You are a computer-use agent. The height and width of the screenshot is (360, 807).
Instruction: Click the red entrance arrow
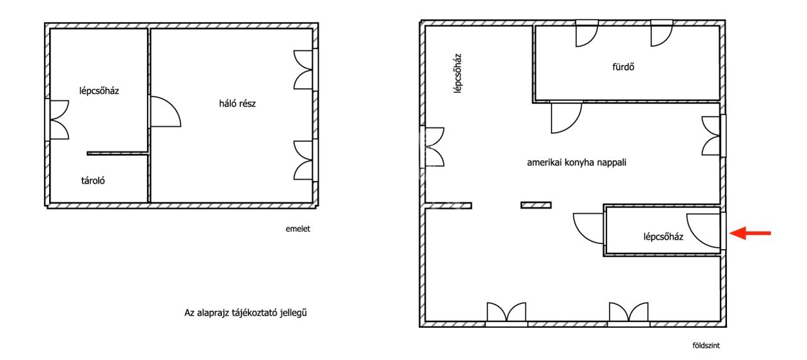750,233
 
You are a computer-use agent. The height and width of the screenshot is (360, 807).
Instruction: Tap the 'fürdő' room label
624,67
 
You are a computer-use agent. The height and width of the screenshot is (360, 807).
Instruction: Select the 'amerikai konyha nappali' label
576,163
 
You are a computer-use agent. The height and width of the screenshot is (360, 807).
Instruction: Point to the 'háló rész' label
238,104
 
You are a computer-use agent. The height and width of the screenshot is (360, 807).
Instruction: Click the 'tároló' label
93,180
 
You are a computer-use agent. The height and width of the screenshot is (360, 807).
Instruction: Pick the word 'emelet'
298,229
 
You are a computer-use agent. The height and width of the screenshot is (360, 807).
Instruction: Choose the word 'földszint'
706,345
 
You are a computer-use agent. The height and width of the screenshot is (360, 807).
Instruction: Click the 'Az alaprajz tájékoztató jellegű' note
246,313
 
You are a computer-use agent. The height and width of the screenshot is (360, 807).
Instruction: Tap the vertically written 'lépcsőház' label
458,74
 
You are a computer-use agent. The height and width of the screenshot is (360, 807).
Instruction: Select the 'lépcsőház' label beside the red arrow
663,237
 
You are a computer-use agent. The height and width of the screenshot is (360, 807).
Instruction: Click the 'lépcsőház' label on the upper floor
99,91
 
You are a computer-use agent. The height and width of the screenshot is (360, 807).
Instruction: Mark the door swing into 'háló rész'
166,112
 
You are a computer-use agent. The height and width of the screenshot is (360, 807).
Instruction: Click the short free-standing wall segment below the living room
536,205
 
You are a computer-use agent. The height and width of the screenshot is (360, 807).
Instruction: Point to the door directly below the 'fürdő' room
566,118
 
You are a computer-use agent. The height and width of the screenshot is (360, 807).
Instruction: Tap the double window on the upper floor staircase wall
59,120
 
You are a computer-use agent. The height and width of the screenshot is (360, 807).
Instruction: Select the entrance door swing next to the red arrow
704,231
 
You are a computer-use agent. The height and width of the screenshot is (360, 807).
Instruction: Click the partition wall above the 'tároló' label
117,153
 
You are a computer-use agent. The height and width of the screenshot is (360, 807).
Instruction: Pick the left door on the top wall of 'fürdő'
587,33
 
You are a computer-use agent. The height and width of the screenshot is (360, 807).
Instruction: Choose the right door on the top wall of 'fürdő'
662,33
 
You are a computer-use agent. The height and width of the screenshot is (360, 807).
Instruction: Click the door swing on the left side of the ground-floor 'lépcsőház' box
589,229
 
